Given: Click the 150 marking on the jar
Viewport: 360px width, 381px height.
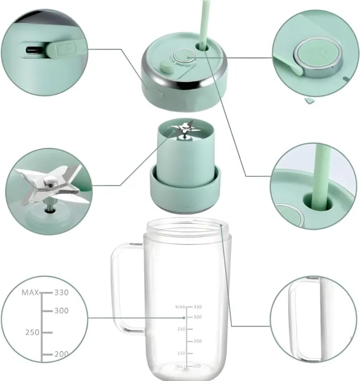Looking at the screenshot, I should coord(181,353).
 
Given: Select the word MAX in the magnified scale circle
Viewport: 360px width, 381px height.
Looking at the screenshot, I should coord(30,292).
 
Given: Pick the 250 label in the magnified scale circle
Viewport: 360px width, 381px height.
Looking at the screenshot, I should coord(33,332).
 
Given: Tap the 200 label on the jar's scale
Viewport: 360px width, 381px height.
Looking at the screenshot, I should coord(198,341).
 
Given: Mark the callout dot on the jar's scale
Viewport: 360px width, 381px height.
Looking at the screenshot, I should coord(184,317).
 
